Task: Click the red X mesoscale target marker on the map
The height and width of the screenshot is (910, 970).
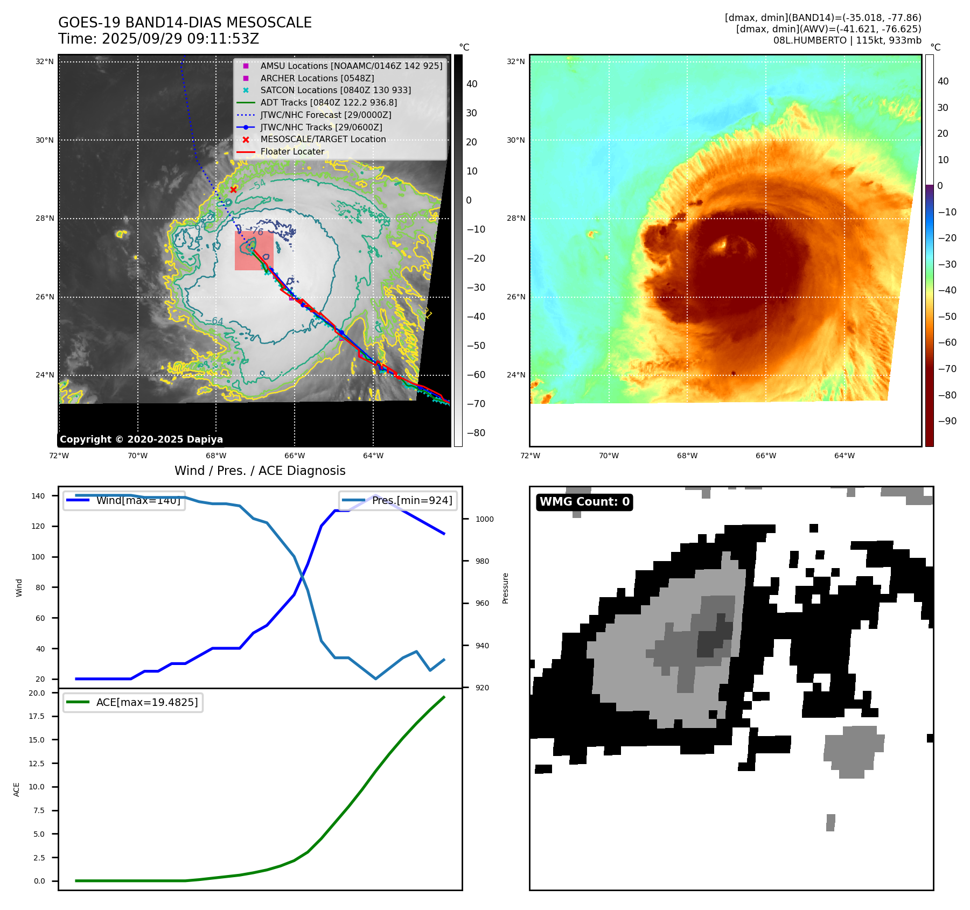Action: point(233,190)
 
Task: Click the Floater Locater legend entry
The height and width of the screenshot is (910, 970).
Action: point(292,152)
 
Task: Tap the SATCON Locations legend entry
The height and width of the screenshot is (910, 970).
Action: point(335,90)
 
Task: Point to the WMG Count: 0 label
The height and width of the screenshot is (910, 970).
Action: point(584,502)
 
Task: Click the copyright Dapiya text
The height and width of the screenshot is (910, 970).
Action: point(141,439)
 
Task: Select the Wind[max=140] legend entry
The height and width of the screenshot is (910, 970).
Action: point(138,501)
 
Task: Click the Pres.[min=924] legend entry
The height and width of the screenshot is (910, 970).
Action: point(412,501)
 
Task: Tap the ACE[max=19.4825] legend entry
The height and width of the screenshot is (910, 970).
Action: point(146,702)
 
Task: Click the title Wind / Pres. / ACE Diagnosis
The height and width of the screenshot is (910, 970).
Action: point(260,471)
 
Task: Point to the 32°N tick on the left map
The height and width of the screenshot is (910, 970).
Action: point(45,61)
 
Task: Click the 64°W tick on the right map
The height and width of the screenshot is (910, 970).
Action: point(844,456)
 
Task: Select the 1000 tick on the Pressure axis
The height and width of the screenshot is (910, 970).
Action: point(484,519)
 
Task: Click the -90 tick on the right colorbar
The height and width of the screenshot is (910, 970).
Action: point(947,421)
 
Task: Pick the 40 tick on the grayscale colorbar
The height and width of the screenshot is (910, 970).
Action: point(472,84)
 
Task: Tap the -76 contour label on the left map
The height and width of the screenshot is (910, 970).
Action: point(257,232)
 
